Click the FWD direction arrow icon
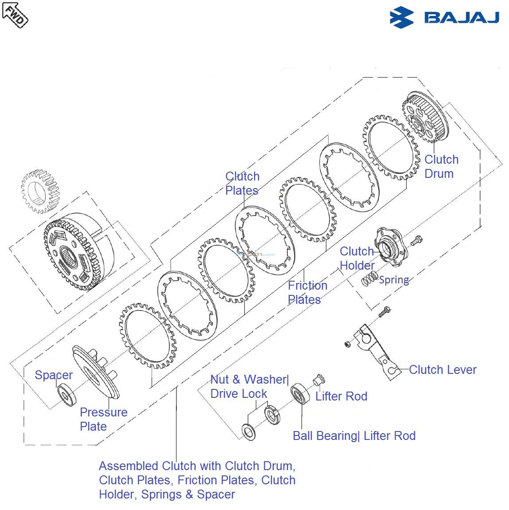[15, 14]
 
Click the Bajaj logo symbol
[401, 18]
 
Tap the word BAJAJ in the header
[462, 18]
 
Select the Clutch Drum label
[441, 166]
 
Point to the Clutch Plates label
[242, 183]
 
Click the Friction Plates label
[307, 292]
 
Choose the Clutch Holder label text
[357, 258]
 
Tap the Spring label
[394, 280]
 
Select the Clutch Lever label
[442, 369]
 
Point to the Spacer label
[53, 375]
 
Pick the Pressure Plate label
[103, 419]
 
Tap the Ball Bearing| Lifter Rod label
[354, 435]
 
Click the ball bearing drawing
[300, 393]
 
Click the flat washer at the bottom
[249, 432]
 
